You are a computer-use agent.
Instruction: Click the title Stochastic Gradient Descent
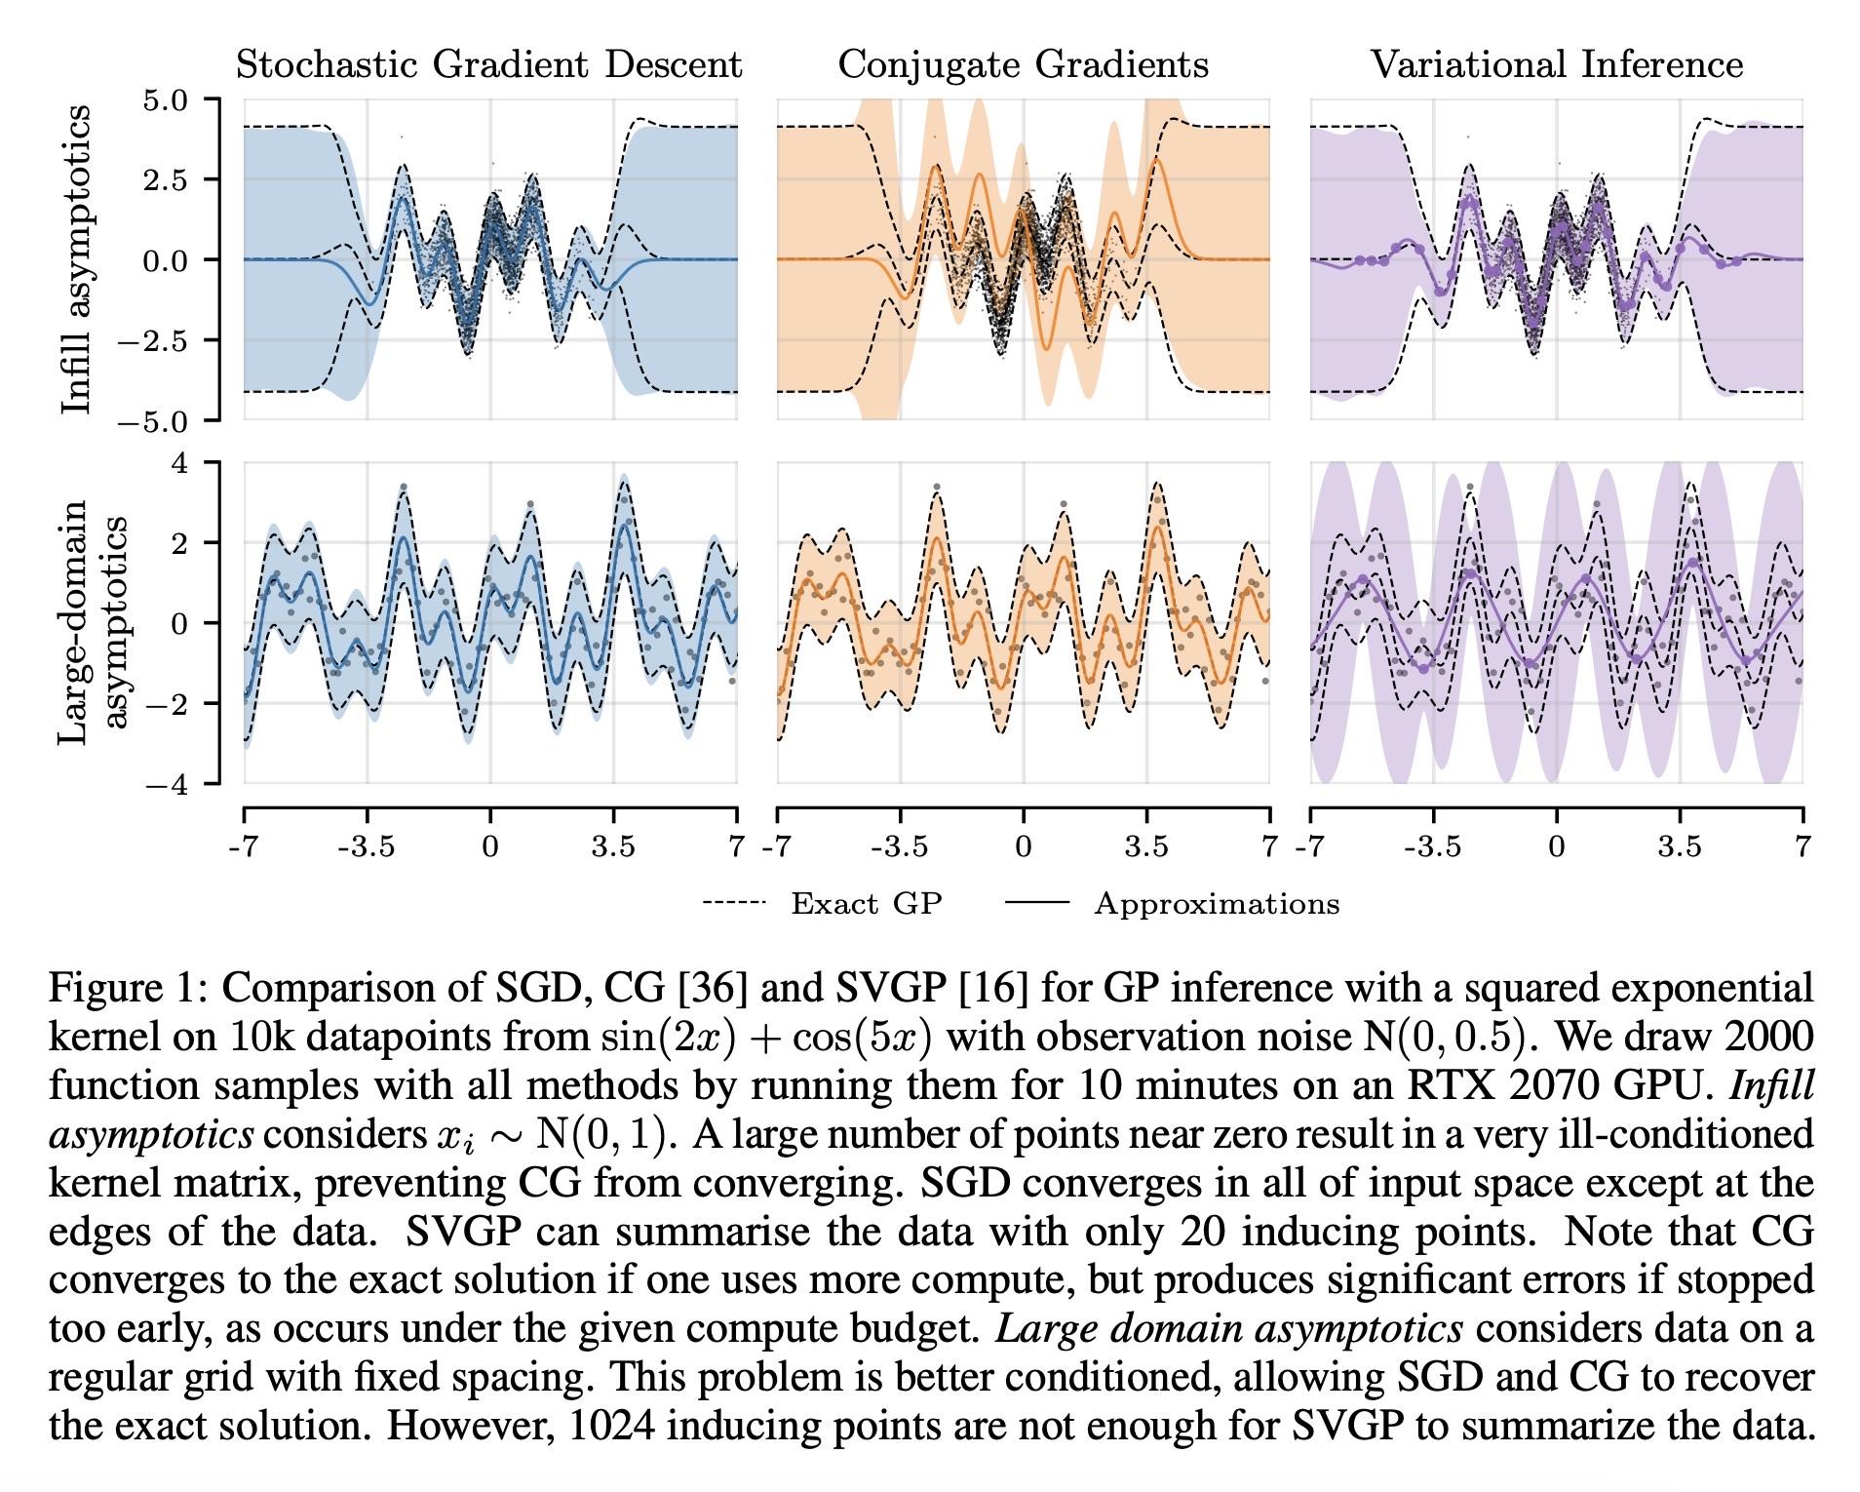[x=488, y=65]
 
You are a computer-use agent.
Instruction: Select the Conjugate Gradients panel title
[x=1023, y=65]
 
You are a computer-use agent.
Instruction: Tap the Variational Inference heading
[x=1556, y=65]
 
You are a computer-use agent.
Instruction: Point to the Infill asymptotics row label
[x=76, y=259]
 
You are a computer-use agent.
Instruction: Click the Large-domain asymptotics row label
[x=93, y=622]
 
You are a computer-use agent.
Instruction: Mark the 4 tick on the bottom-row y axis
[x=180, y=462]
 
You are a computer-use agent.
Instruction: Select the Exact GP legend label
[x=866, y=905]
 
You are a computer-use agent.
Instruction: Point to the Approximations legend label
[x=1217, y=905]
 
